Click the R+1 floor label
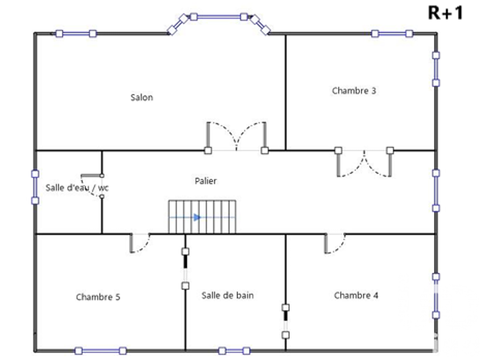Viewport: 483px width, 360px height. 445,13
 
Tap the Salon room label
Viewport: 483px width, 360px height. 142,98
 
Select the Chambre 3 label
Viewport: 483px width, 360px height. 354,90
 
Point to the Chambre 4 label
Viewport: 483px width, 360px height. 356,295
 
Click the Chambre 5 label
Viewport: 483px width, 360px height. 98,297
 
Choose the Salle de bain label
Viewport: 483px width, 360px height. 227,295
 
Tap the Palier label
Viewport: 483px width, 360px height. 206,181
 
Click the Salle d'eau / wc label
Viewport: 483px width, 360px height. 77,187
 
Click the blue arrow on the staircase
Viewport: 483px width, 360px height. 197,217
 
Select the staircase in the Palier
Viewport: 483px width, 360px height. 202,217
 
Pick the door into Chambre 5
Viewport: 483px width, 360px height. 140,243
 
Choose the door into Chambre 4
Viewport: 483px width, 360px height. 335,243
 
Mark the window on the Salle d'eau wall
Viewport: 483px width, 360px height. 35,187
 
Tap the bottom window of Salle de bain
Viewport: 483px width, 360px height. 234,350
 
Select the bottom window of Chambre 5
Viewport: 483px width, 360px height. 100,351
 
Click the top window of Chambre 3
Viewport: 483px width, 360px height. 392,33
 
